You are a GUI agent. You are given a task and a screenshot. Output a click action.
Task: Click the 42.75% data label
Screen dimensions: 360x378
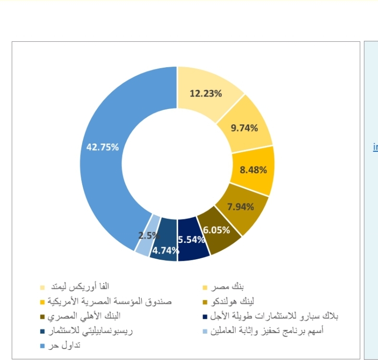click(102, 147)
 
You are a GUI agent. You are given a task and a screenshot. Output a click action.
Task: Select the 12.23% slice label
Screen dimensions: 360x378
click(206, 94)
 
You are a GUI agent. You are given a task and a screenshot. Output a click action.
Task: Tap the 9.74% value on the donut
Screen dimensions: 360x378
click(244, 128)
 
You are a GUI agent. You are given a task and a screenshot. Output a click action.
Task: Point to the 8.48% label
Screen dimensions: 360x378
click(253, 169)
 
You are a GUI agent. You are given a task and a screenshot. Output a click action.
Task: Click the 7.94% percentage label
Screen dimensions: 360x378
click(240, 207)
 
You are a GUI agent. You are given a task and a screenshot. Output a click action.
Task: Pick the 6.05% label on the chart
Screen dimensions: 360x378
click(216, 230)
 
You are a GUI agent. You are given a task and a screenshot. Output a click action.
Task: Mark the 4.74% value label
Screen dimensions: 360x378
click(165, 250)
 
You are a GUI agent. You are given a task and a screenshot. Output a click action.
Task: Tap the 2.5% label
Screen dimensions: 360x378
click(147, 235)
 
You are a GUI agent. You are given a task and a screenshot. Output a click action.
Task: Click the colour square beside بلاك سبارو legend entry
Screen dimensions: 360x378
click(205, 317)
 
